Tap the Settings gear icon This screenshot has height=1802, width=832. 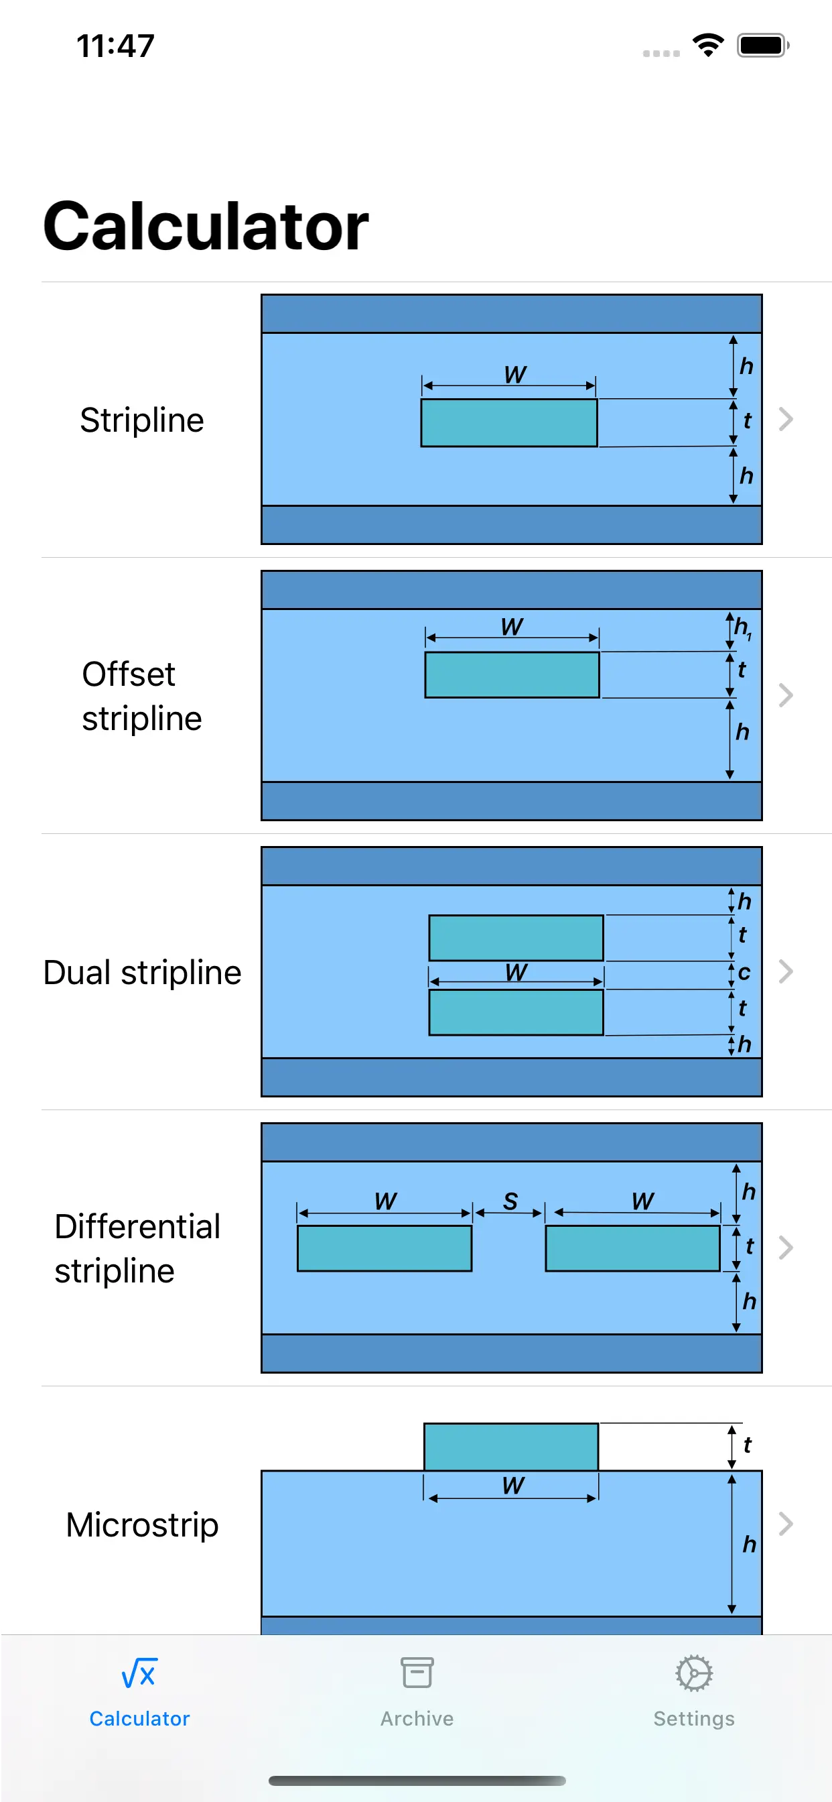click(x=693, y=1673)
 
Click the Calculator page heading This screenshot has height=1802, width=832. click(x=206, y=226)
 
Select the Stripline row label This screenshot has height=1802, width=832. click(x=142, y=420)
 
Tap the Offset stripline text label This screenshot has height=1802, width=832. click(x=142, y=696)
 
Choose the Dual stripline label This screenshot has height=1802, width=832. click(x=142, y=972)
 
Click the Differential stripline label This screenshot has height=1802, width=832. click(x=138, y=1248)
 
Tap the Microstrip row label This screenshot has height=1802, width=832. click(x=142, y=1524)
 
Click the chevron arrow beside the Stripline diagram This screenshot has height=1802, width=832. click(x=786, y=419)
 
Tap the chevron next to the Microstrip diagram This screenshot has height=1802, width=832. click(x=786, y=1524)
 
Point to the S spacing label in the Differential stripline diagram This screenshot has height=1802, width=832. click(x=510, y=1201)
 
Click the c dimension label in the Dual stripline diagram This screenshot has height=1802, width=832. click(x=744, y=972)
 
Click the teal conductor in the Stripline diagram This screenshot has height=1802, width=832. click(x=509, y=422)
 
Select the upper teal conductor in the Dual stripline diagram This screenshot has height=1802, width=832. click(x=516, y=937)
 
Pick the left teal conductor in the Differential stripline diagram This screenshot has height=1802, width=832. click(x=385, y=1248)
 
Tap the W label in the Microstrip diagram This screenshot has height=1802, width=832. click(x=513, y=1485)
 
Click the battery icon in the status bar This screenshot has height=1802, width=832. click(x=762, y=46)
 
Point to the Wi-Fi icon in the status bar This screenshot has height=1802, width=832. click(x=707, y=46)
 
